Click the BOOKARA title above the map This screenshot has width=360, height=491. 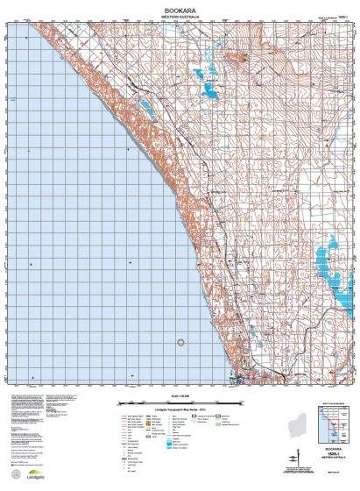coord(180,6)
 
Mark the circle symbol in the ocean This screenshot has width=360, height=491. coord(181,344)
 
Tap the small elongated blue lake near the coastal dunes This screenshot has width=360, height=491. coord(145,110)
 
